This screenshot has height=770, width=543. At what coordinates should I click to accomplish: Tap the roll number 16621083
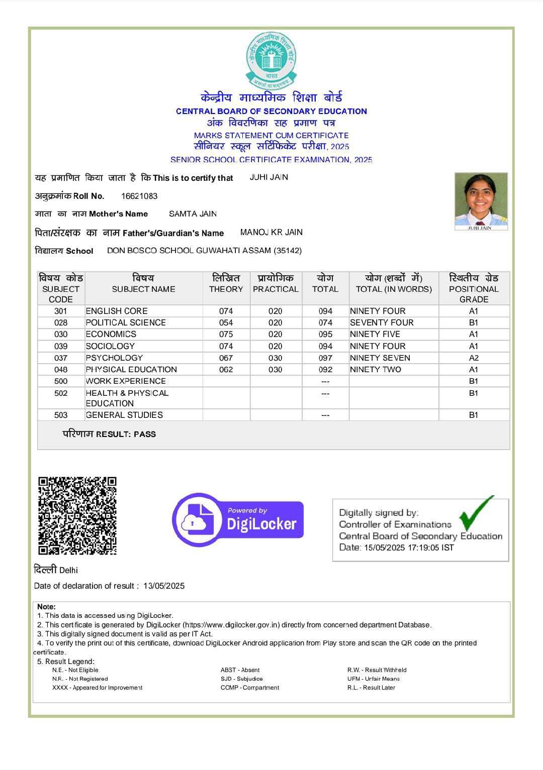(139, 196)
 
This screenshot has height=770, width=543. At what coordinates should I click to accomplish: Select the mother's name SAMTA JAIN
(193, 214)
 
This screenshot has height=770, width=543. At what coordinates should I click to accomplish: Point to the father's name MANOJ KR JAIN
(271, 232)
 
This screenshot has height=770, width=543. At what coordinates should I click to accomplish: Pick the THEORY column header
(226, 289)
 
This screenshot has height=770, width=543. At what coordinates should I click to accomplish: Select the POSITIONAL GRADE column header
(474, 289)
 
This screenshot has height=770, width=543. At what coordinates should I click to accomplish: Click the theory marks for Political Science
(226, 322)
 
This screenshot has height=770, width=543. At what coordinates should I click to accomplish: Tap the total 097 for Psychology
(325, 358)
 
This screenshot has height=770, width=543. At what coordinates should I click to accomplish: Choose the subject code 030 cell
(61, 334)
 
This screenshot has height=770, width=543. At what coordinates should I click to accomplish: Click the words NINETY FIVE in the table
(375, 334)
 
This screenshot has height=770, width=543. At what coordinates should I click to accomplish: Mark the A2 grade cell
(474, 358)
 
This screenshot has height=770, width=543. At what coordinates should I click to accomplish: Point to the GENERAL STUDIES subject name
(124, 415)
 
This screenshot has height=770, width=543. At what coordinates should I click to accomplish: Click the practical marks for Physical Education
(275, 369)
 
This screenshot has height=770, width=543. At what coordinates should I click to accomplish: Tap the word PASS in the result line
(145, 434)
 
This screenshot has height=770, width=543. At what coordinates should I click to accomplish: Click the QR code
(77, 515)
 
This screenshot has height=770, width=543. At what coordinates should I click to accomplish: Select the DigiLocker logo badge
(238, 519)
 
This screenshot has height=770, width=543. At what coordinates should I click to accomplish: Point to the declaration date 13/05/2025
(164, 586)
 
